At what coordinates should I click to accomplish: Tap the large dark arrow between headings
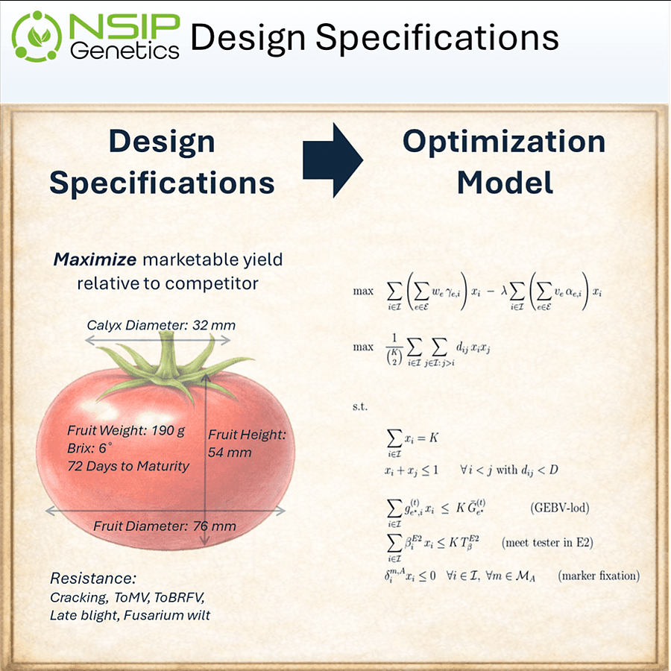click(x=333, y=160)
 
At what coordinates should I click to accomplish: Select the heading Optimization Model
click(x=504, y=162)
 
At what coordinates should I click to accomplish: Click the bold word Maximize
click(x=95, y=259)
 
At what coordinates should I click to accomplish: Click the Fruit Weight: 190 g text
click(x=126, y=431)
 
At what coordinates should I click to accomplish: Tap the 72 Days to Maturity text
click(x=128, y=466)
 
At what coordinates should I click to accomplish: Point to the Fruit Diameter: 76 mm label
click(x=165, y=526)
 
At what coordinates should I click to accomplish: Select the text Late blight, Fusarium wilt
click(x=130, y=615)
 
